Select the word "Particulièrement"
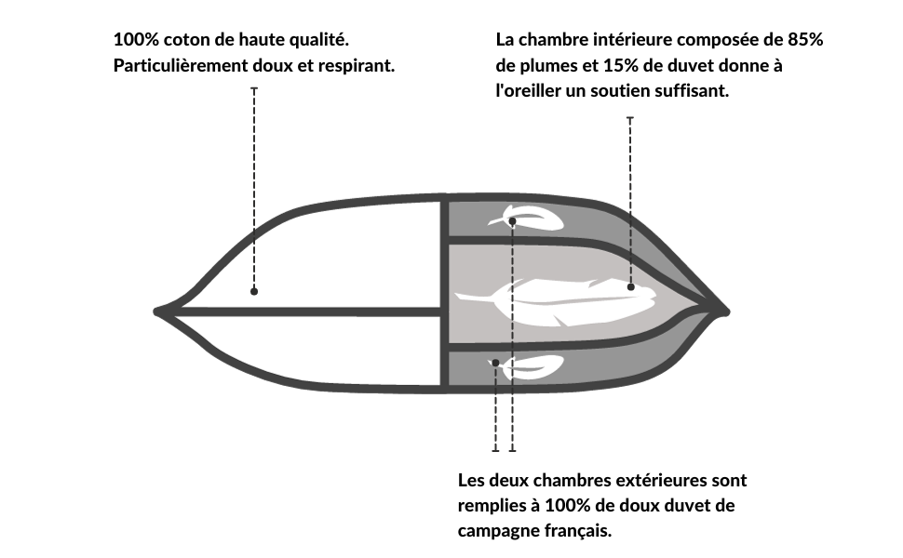[x=181, y=66]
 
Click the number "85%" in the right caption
[x=805, y=40]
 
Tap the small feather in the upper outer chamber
[x=525, y=218]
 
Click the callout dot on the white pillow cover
[x=254, y=292]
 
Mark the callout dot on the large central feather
[x=630, y=287]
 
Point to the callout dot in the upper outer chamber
[x=512, y=221]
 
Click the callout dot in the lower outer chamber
[x=495, y=363]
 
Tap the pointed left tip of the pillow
[x=156, y=312]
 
